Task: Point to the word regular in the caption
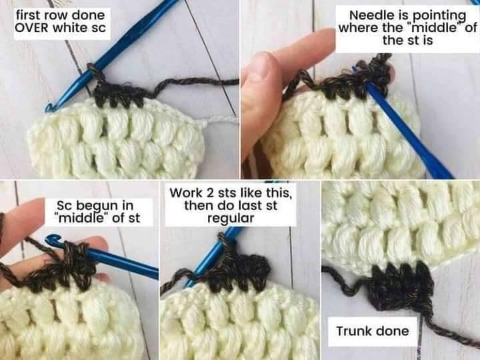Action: pyautogui.click(x=231, y=219)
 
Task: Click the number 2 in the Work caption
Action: pyautogui.click(x=210, y=193)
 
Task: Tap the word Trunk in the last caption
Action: pyautogui.click(x=354, y=331)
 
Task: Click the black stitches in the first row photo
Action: pyautogui.click(x=119, y=94)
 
